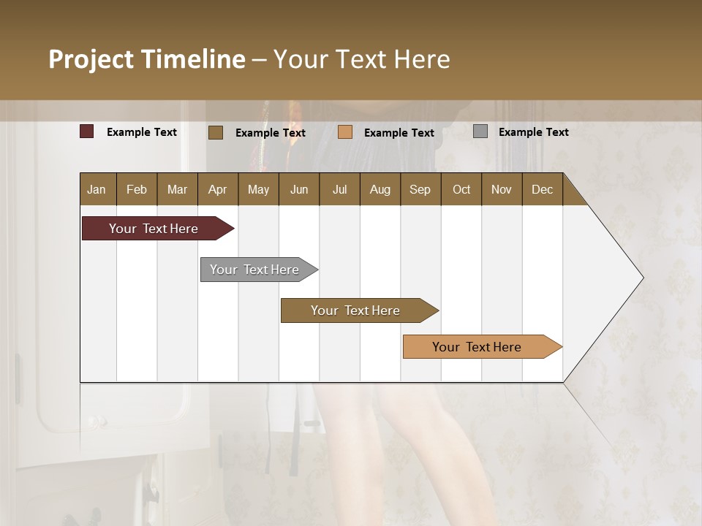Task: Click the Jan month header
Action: click(97, 189)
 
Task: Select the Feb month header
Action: click(137, 189)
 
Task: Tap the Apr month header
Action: click(217, 189)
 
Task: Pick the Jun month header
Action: click(299, 189)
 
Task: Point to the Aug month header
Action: click(380, 189)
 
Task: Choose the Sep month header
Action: click(420, 189)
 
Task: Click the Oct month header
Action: click(461, 189)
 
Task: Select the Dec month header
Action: click(542, 189)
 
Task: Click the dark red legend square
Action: click(87, 131)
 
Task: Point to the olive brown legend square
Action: click(216, 132)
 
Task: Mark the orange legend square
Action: click(345, 132)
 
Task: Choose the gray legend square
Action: click(480, 131)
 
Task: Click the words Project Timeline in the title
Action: click(147, 59)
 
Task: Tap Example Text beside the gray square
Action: click(533, 132)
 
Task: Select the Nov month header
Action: click(502, 189)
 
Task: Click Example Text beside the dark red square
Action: click(142, 132)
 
